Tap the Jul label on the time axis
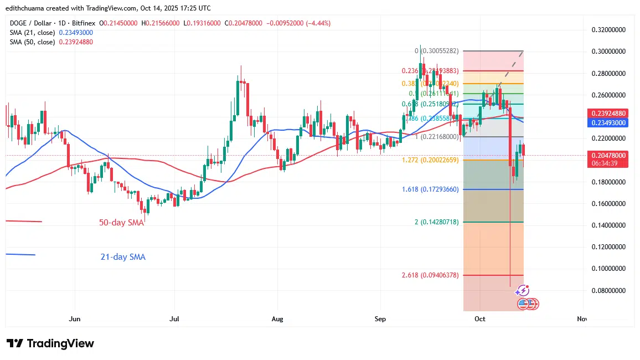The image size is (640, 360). click(x=174, y=319)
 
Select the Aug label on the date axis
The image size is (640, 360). click(x=277, y=319)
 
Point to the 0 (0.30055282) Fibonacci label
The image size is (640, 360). click(x=436, y=51)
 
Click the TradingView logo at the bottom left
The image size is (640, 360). click(x=50, y=343)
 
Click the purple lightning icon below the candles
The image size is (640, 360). click(x=523, y=291)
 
